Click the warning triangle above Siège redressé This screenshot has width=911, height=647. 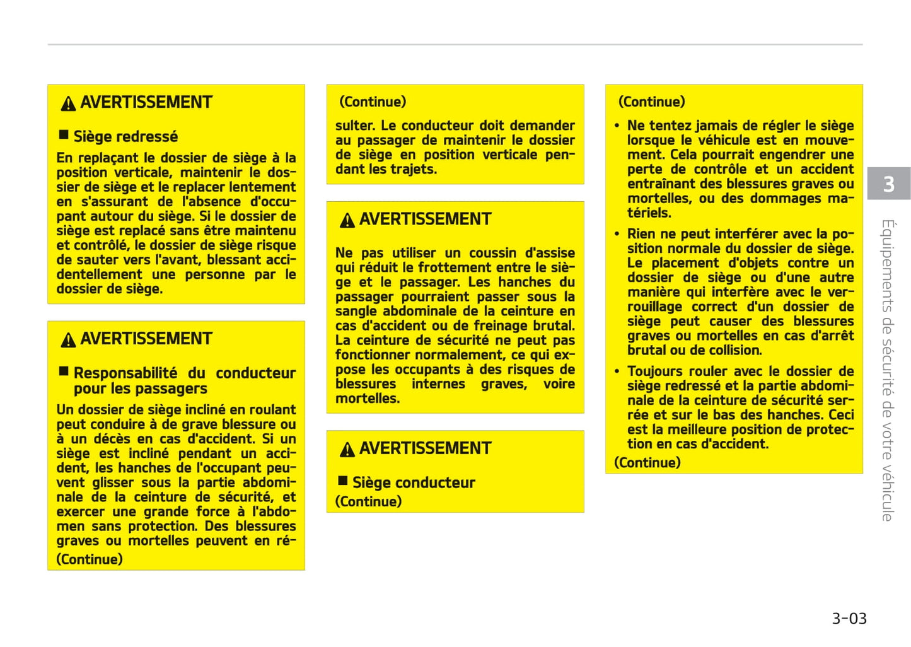coord(68,103)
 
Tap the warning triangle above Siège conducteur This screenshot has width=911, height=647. coord(347,450)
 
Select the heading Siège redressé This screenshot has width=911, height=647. coord(125,136)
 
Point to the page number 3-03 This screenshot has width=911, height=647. coord(849,618)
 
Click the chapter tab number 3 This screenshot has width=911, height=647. coord(888,184)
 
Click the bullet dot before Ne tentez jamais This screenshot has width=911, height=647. coord(617,126)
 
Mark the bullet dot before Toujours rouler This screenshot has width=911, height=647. coord(617,372)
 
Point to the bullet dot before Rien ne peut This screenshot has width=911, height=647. coord(617,235)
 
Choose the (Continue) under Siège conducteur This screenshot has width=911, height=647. coord(368,501)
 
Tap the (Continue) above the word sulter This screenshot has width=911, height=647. coord(373,102)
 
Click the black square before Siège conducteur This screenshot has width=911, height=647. coord(343,481)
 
